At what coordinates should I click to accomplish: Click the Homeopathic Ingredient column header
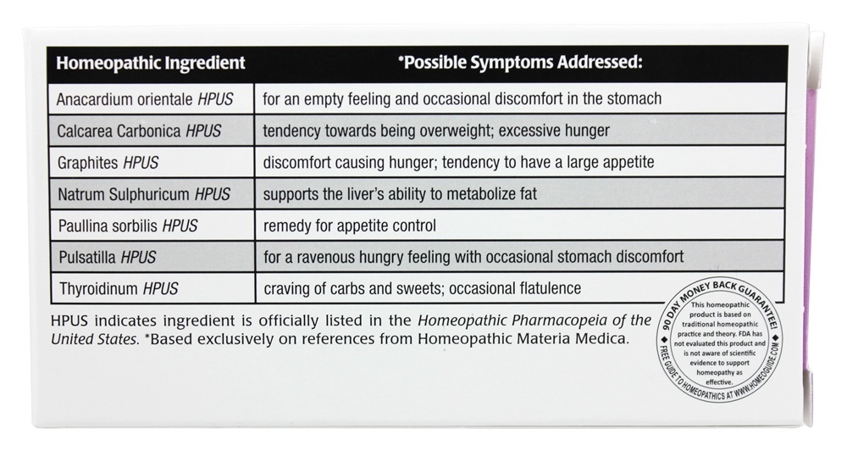(150, 63)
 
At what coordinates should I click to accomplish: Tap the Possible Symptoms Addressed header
(520, 63)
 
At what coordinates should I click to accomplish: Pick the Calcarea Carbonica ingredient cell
(139, 131)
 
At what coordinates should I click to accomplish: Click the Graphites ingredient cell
(108, 162)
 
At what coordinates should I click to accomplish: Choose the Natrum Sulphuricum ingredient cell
(143, 194)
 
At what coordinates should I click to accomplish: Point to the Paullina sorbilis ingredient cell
(128, 225)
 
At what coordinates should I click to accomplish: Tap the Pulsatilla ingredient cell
(108, 257)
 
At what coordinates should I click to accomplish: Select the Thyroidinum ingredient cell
(118, 288)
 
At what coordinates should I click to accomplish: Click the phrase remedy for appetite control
(350, 225)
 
